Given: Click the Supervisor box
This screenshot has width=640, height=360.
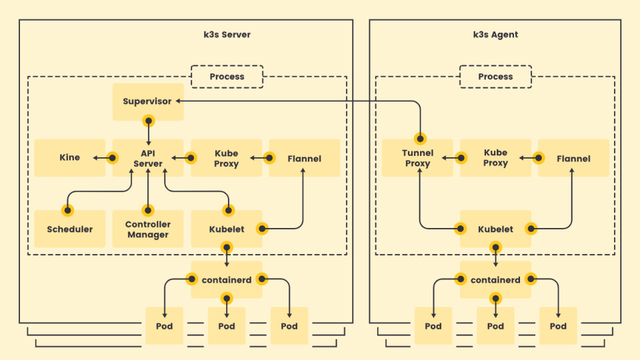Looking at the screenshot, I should pos(147,101).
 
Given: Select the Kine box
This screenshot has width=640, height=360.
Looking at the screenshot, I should pos(69,158).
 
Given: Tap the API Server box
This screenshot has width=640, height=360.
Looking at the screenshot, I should pos(148,158).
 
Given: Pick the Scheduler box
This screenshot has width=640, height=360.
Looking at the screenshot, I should pos(69,229).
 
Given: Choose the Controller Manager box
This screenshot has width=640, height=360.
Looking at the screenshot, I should pos(148,229).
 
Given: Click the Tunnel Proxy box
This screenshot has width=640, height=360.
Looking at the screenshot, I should pos(417,158).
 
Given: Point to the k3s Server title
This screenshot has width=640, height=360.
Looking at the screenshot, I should pos(227,35).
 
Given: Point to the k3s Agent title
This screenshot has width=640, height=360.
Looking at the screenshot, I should pos(495,35).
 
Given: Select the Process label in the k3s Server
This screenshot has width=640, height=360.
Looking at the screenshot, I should pos(227,77).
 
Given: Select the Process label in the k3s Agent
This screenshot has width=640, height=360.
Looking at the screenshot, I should pos(495,77).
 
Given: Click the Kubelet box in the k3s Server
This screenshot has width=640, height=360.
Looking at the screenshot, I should pos(227,229).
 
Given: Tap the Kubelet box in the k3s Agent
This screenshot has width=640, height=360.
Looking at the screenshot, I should pos(495,229).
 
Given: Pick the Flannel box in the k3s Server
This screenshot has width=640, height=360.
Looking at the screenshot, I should pos(304,159).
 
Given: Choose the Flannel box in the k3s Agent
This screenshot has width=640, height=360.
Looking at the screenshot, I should pos(573,159).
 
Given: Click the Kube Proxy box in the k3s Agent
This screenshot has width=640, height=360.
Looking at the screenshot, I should pos(495,158).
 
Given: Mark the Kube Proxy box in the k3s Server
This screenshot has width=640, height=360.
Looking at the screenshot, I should pos(227,158).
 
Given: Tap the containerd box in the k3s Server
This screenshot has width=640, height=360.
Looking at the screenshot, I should pos(227,280).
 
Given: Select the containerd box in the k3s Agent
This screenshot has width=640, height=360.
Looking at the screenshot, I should pos(495,280).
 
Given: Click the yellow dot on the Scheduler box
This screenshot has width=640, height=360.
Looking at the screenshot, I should pos(67,210).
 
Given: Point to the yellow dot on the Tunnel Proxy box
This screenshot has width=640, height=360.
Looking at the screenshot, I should pos(421,139).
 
